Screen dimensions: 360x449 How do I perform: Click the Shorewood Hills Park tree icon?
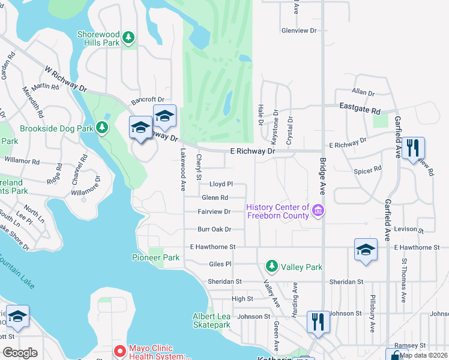coord(127,38)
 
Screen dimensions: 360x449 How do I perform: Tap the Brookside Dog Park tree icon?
coord(102,128)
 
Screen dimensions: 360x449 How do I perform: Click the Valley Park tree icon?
coord(271,266)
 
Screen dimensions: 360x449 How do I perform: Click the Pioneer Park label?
coord(155,257)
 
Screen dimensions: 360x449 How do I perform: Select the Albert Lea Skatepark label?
coord(211,320)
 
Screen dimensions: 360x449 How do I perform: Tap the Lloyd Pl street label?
coord(220,184)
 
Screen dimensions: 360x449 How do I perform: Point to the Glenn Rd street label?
coord(215,197)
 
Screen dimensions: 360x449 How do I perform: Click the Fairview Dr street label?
coord(215,212)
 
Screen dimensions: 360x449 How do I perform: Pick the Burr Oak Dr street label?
coord(214,229)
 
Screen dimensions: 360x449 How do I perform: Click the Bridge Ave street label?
coord(322,172)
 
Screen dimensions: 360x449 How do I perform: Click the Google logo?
coord(20,353)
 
